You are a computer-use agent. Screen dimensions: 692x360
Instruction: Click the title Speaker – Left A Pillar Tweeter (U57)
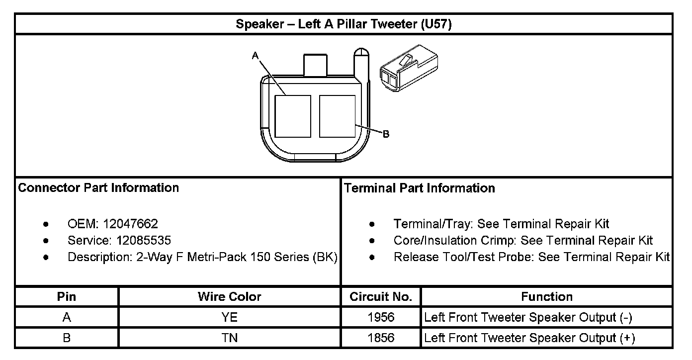344,24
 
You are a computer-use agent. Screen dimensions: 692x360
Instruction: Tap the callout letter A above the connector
255,56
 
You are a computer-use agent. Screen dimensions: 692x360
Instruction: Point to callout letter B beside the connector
386,134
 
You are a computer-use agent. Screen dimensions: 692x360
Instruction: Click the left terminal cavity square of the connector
292,116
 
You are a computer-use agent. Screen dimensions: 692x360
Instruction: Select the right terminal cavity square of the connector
337,116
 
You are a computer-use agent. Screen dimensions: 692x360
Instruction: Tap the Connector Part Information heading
98,188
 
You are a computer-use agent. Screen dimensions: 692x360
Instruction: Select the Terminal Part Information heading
419,188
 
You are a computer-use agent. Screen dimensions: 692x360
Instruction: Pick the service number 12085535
144,241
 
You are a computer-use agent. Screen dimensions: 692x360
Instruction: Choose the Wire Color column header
229,297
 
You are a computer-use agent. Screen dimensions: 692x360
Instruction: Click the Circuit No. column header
381,297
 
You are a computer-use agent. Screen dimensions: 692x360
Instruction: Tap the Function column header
546,297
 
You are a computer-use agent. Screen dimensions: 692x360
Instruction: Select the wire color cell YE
229,317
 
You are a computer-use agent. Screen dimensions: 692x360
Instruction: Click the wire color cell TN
229,338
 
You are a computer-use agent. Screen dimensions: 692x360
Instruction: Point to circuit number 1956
381,317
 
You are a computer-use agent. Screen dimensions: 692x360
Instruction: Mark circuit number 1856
381,338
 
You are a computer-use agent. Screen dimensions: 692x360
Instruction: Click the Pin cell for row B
67,338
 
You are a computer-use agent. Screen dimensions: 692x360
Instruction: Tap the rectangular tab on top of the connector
316,65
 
